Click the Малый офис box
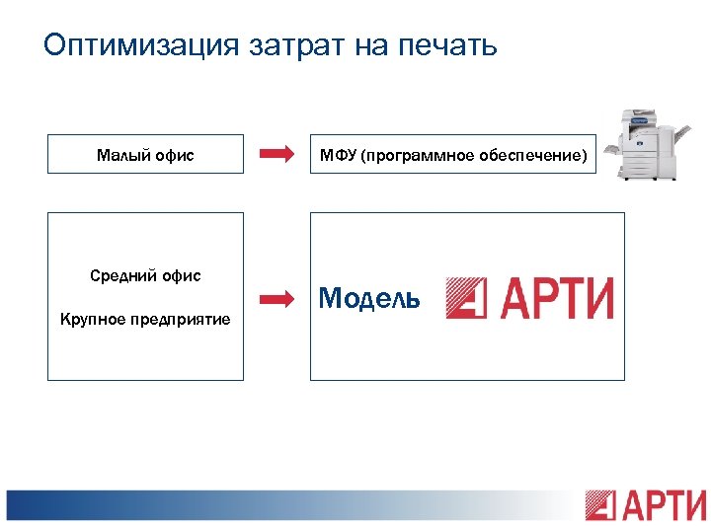[145, 154]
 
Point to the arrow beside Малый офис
[276, 154]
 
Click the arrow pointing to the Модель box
[276, 297]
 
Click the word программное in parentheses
[415, 155]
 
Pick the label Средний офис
[145, 275]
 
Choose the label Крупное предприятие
[145, 319]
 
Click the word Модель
[370, 298]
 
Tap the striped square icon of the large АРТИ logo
[465, 297]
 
